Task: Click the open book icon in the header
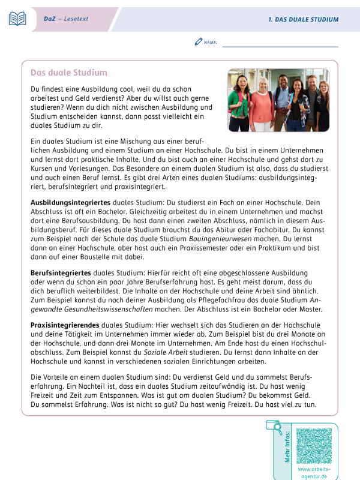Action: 17,19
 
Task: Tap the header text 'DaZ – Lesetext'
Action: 65,19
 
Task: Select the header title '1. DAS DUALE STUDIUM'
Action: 303,20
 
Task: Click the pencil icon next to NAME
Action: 199,42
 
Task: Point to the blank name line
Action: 280,44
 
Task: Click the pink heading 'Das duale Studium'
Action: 69,73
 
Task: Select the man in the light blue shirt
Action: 282,102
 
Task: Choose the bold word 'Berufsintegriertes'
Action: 57,273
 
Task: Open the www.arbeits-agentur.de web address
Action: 314,473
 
